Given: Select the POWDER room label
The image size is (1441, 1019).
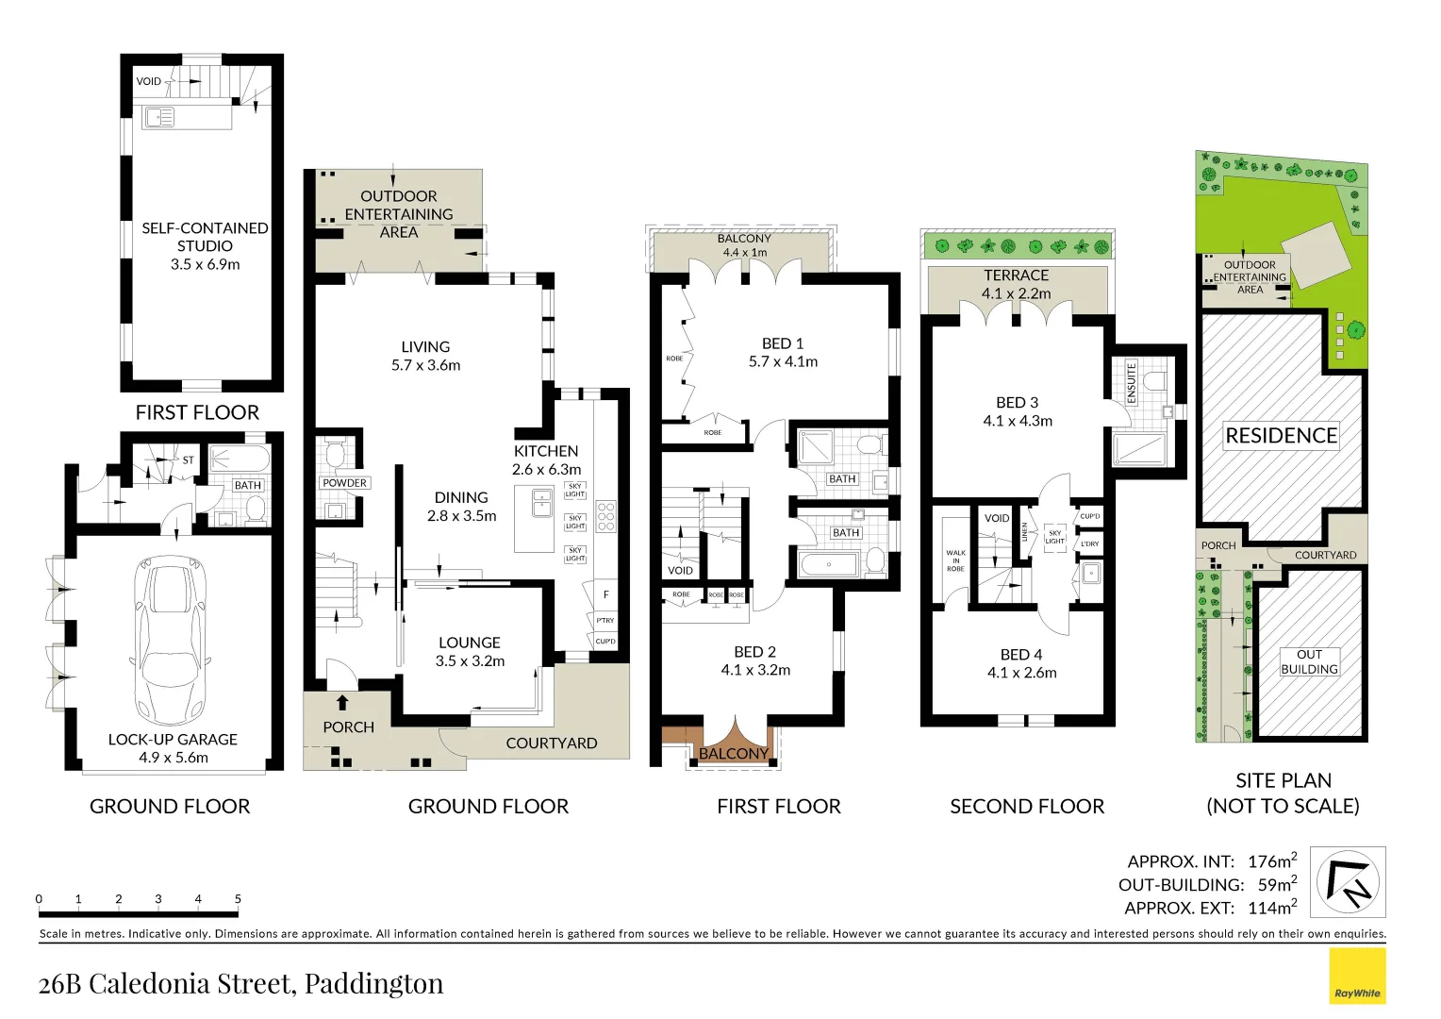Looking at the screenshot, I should (x=344, y=483).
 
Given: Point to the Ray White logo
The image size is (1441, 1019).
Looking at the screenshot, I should (x=1357, y=977).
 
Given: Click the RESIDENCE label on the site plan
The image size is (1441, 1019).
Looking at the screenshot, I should (x=1281, y=436).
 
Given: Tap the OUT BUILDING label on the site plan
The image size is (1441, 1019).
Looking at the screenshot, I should (x=1309, y=661).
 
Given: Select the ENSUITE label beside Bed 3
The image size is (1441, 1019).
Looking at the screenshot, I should (x=1132, y=382).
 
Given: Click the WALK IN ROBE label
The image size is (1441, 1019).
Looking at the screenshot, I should (x=955, y=560).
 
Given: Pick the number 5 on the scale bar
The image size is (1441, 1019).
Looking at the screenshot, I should (x=238, y=899).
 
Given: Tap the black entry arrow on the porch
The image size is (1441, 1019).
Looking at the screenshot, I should (x=342, y=703).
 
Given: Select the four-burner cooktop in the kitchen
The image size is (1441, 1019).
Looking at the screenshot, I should (x=605, y=516).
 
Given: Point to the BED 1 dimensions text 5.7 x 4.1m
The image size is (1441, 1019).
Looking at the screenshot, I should (x=783, y=361).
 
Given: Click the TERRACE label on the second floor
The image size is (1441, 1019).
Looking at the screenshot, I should (x=1016, y=276).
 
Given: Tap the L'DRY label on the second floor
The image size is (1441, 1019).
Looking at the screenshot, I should (x=1090, y=543).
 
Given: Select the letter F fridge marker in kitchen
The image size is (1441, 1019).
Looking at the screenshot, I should (x=605, y=594).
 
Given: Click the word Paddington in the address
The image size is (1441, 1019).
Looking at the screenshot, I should (x=373, y=983).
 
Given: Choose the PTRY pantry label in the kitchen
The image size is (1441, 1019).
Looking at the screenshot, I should (x=605, y=620).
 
